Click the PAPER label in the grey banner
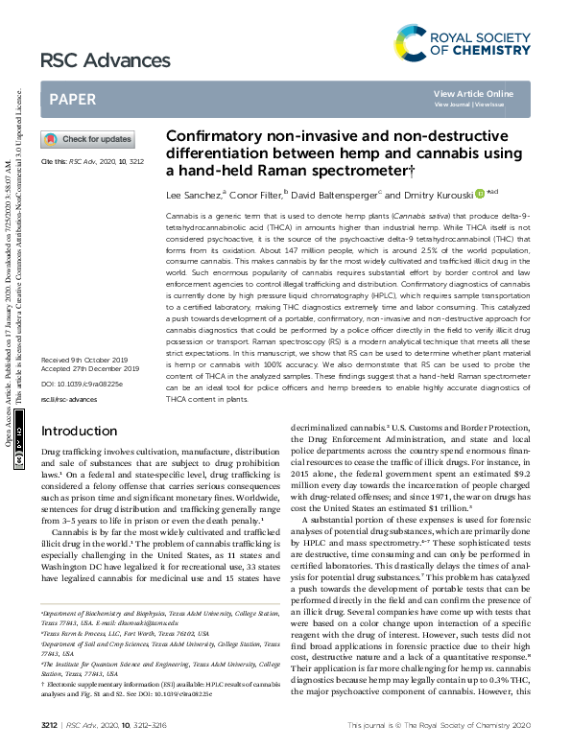point(72,99)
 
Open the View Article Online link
point(473,93)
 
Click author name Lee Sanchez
point(195,194)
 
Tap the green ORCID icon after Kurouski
point(480,193)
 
